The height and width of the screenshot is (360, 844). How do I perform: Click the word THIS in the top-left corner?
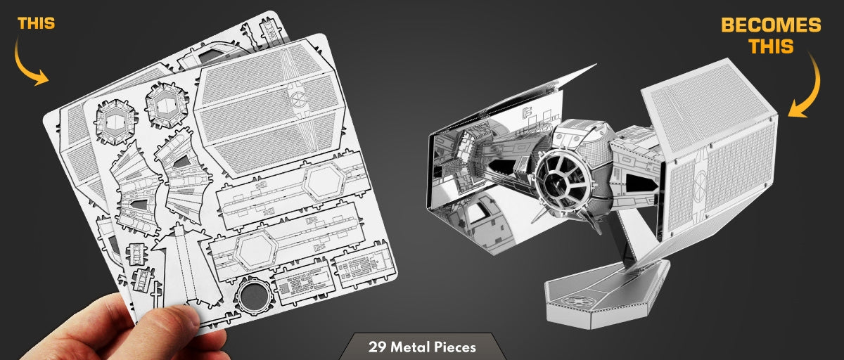click(36, 24)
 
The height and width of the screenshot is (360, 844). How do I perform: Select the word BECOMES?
click(771, 26)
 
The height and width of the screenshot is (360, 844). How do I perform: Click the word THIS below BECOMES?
click(771, 47)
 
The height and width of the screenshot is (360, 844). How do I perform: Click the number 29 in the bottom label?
click(376, 347)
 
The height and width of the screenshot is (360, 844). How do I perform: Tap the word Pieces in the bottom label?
click(454, 347)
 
